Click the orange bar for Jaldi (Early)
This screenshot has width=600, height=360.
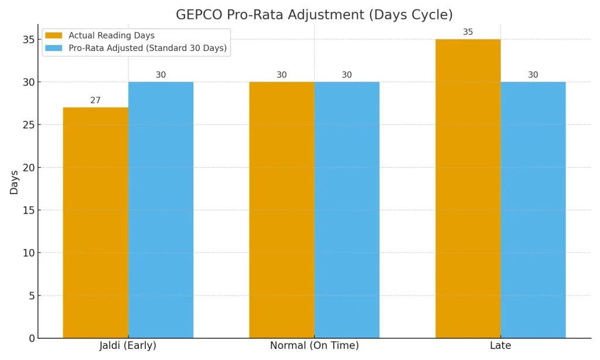tap(96, 223)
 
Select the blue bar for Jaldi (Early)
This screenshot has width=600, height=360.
tap(161, 210)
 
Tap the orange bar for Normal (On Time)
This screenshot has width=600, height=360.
tap(282, 210)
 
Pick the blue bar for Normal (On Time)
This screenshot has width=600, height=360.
tap(347, 210)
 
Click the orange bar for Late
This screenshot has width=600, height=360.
tap(468, 189)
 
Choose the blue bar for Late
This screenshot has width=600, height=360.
tap(533, 210)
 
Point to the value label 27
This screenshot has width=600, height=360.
tap(96, 100)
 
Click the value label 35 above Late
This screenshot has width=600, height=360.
tap(468, 32)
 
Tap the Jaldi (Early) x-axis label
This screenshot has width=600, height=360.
tap(128, 346)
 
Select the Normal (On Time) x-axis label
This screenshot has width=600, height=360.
tap(314, 346)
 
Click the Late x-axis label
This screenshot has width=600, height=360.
tap(500, 346)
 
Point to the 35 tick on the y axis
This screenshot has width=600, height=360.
tap(28, 40)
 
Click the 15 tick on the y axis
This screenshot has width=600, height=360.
tap(28, 210)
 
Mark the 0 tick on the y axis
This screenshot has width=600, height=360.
tap(31, 338)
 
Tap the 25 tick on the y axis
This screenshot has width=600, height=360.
tap(28, 125)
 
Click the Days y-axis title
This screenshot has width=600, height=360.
tap(14, 182)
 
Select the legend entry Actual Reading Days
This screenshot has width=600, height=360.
tap(111, 36)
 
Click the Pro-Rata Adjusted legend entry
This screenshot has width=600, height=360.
tap(147, 48)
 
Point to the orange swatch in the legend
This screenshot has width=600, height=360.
tap(54, 36)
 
